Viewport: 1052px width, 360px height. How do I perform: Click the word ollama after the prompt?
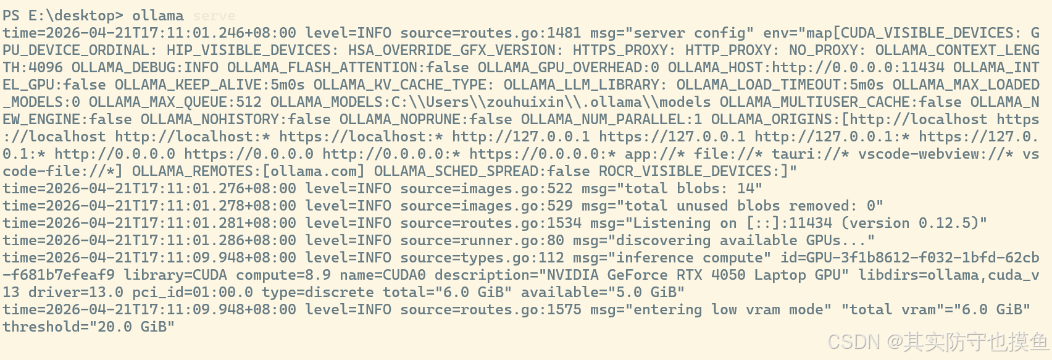157,15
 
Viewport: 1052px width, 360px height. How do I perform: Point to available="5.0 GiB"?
603,292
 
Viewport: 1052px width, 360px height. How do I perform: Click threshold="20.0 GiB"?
88,327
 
